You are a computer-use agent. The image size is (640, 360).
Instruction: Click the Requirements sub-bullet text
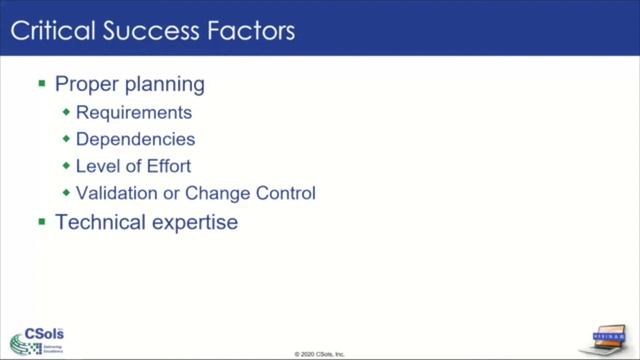(x=133, y=113)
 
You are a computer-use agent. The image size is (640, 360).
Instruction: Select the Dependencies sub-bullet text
(x=135, y=140)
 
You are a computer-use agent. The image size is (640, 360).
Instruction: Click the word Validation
(x=119, y=193)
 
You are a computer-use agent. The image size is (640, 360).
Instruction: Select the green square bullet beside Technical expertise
(x=42, y=221)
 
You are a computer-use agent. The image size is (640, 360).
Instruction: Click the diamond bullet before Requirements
(x=67, y=113)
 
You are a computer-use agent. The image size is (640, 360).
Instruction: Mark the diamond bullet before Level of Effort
(x=67, y=166)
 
